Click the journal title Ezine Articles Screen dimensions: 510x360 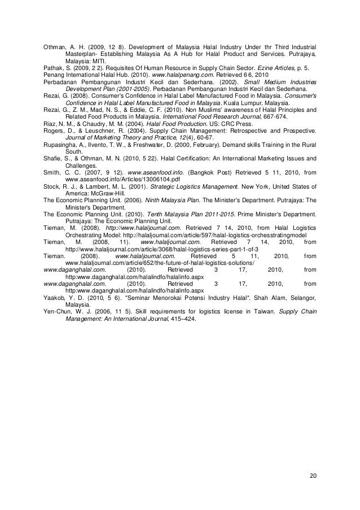(x=272, y=66)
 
